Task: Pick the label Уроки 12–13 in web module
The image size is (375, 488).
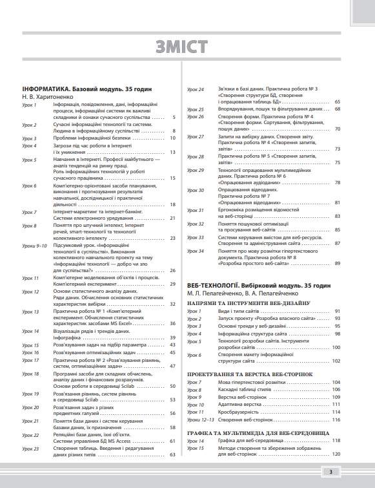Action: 201,420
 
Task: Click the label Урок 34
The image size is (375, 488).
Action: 196,250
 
